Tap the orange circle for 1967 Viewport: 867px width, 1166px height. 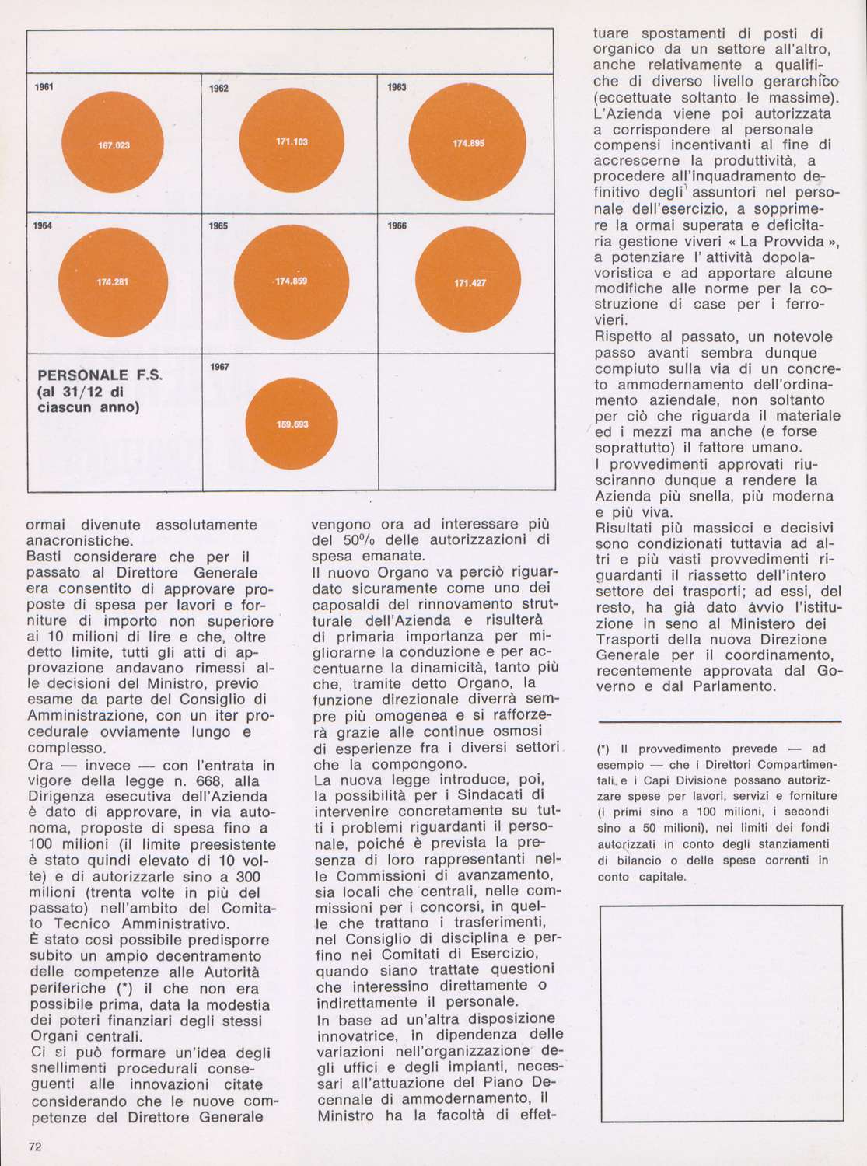point(292,424)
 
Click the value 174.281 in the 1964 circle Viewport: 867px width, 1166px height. point(113,282)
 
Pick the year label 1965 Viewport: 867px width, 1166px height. point(218,226)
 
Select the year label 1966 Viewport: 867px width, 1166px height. point(397,226)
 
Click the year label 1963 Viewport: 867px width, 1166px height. point(397,88)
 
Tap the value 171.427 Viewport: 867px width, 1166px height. point(470,283)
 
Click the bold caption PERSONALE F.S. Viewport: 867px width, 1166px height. point(100,375)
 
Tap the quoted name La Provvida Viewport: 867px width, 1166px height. point(785,242)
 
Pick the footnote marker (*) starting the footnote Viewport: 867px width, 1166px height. point(603,749)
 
